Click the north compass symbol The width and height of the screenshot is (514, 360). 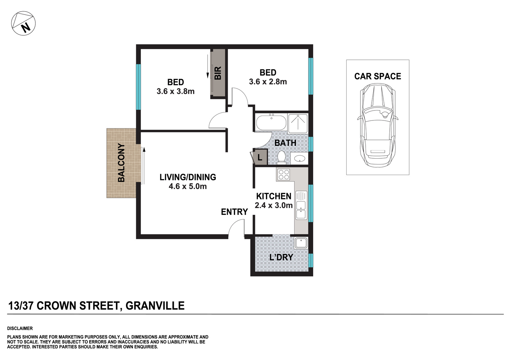[23, 23]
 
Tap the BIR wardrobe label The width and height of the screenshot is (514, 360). [218, 73]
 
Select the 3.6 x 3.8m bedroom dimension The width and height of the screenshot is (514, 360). [175, 91]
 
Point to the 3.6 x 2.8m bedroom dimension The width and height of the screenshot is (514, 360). [268, 82]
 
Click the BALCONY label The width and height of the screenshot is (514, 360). [121, 163]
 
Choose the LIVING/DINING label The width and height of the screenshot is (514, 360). [188, 177]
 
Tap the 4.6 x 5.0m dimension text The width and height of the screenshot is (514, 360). [188, 186]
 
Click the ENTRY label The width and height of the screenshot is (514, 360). [234, 212]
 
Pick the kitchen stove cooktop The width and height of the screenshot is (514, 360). [284, 175]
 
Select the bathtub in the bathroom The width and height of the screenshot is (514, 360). [271, 123]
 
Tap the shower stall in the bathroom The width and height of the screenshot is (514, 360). [298, 123]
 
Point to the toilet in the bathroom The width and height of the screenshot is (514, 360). [281, 158]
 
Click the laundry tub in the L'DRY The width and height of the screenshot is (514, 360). [301, 243]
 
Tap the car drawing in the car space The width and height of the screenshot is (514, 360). [377, 125]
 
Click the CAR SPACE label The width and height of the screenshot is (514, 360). [377, 76]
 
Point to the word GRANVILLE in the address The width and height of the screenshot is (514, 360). [155, 306]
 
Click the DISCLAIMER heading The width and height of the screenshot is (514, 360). [20, 329]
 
